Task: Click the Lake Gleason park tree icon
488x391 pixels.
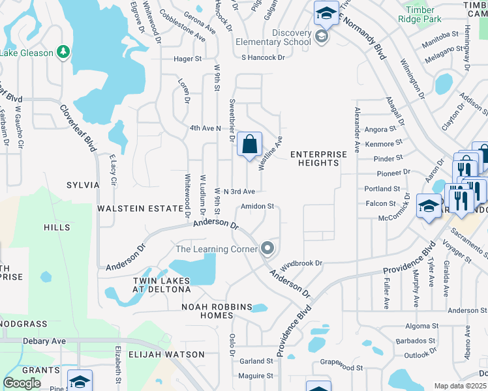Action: pos(63,51)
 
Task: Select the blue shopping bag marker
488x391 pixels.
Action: pos(250,145)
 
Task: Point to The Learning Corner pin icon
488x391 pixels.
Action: pos(267,248)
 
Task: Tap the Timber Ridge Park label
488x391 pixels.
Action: pos(429,14)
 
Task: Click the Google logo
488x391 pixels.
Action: pos(22,383)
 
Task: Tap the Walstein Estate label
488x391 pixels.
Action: pos(140,209)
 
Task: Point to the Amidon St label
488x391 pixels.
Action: pos(256,206)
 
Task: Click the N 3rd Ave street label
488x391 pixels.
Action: pos(239,192)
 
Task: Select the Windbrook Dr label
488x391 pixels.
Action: pos(301,264)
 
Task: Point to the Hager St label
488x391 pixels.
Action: pos(187,59)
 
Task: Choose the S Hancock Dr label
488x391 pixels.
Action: pos(264,57)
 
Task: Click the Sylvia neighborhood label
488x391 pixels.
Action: pos(83,185)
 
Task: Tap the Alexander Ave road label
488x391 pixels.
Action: pos(357,130)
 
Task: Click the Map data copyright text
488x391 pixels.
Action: pos(461,386)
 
